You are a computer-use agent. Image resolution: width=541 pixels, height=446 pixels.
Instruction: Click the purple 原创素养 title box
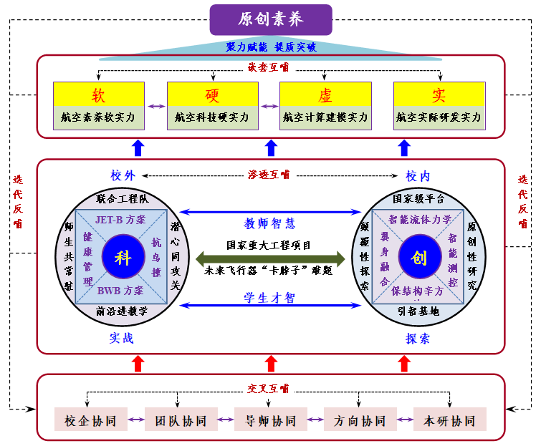[271, 19]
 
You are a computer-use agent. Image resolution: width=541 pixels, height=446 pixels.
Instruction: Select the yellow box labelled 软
[99, 94]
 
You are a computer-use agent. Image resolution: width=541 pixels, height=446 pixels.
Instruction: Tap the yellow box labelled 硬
[212, 94]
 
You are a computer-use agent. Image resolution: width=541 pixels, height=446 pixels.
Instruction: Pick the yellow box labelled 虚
[325, 94]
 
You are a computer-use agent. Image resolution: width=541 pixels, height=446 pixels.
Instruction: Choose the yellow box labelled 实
[439, 94]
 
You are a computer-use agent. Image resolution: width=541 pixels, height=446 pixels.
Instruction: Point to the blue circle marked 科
[123, 257]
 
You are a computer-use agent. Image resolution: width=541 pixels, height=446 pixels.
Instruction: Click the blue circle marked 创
[418, 257]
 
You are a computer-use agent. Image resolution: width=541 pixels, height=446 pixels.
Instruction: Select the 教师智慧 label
[270, 223]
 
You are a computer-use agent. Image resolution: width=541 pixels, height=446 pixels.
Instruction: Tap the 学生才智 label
[270, 298]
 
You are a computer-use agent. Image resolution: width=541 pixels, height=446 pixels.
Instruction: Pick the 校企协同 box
[91, 420]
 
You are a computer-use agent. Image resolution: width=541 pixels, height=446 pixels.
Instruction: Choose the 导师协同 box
[270, 420]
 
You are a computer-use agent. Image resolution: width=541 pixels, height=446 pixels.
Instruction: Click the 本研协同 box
[449, 420]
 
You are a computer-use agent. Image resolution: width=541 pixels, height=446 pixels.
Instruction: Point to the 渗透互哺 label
[269, 174]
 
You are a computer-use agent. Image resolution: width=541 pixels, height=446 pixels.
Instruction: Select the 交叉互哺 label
[269, 389]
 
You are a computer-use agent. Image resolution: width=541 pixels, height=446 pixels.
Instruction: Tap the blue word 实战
[122, 339]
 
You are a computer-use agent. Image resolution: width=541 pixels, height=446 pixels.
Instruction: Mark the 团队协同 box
[181, 420]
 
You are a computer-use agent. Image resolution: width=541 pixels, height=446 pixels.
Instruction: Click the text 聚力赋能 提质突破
[270, 47]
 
